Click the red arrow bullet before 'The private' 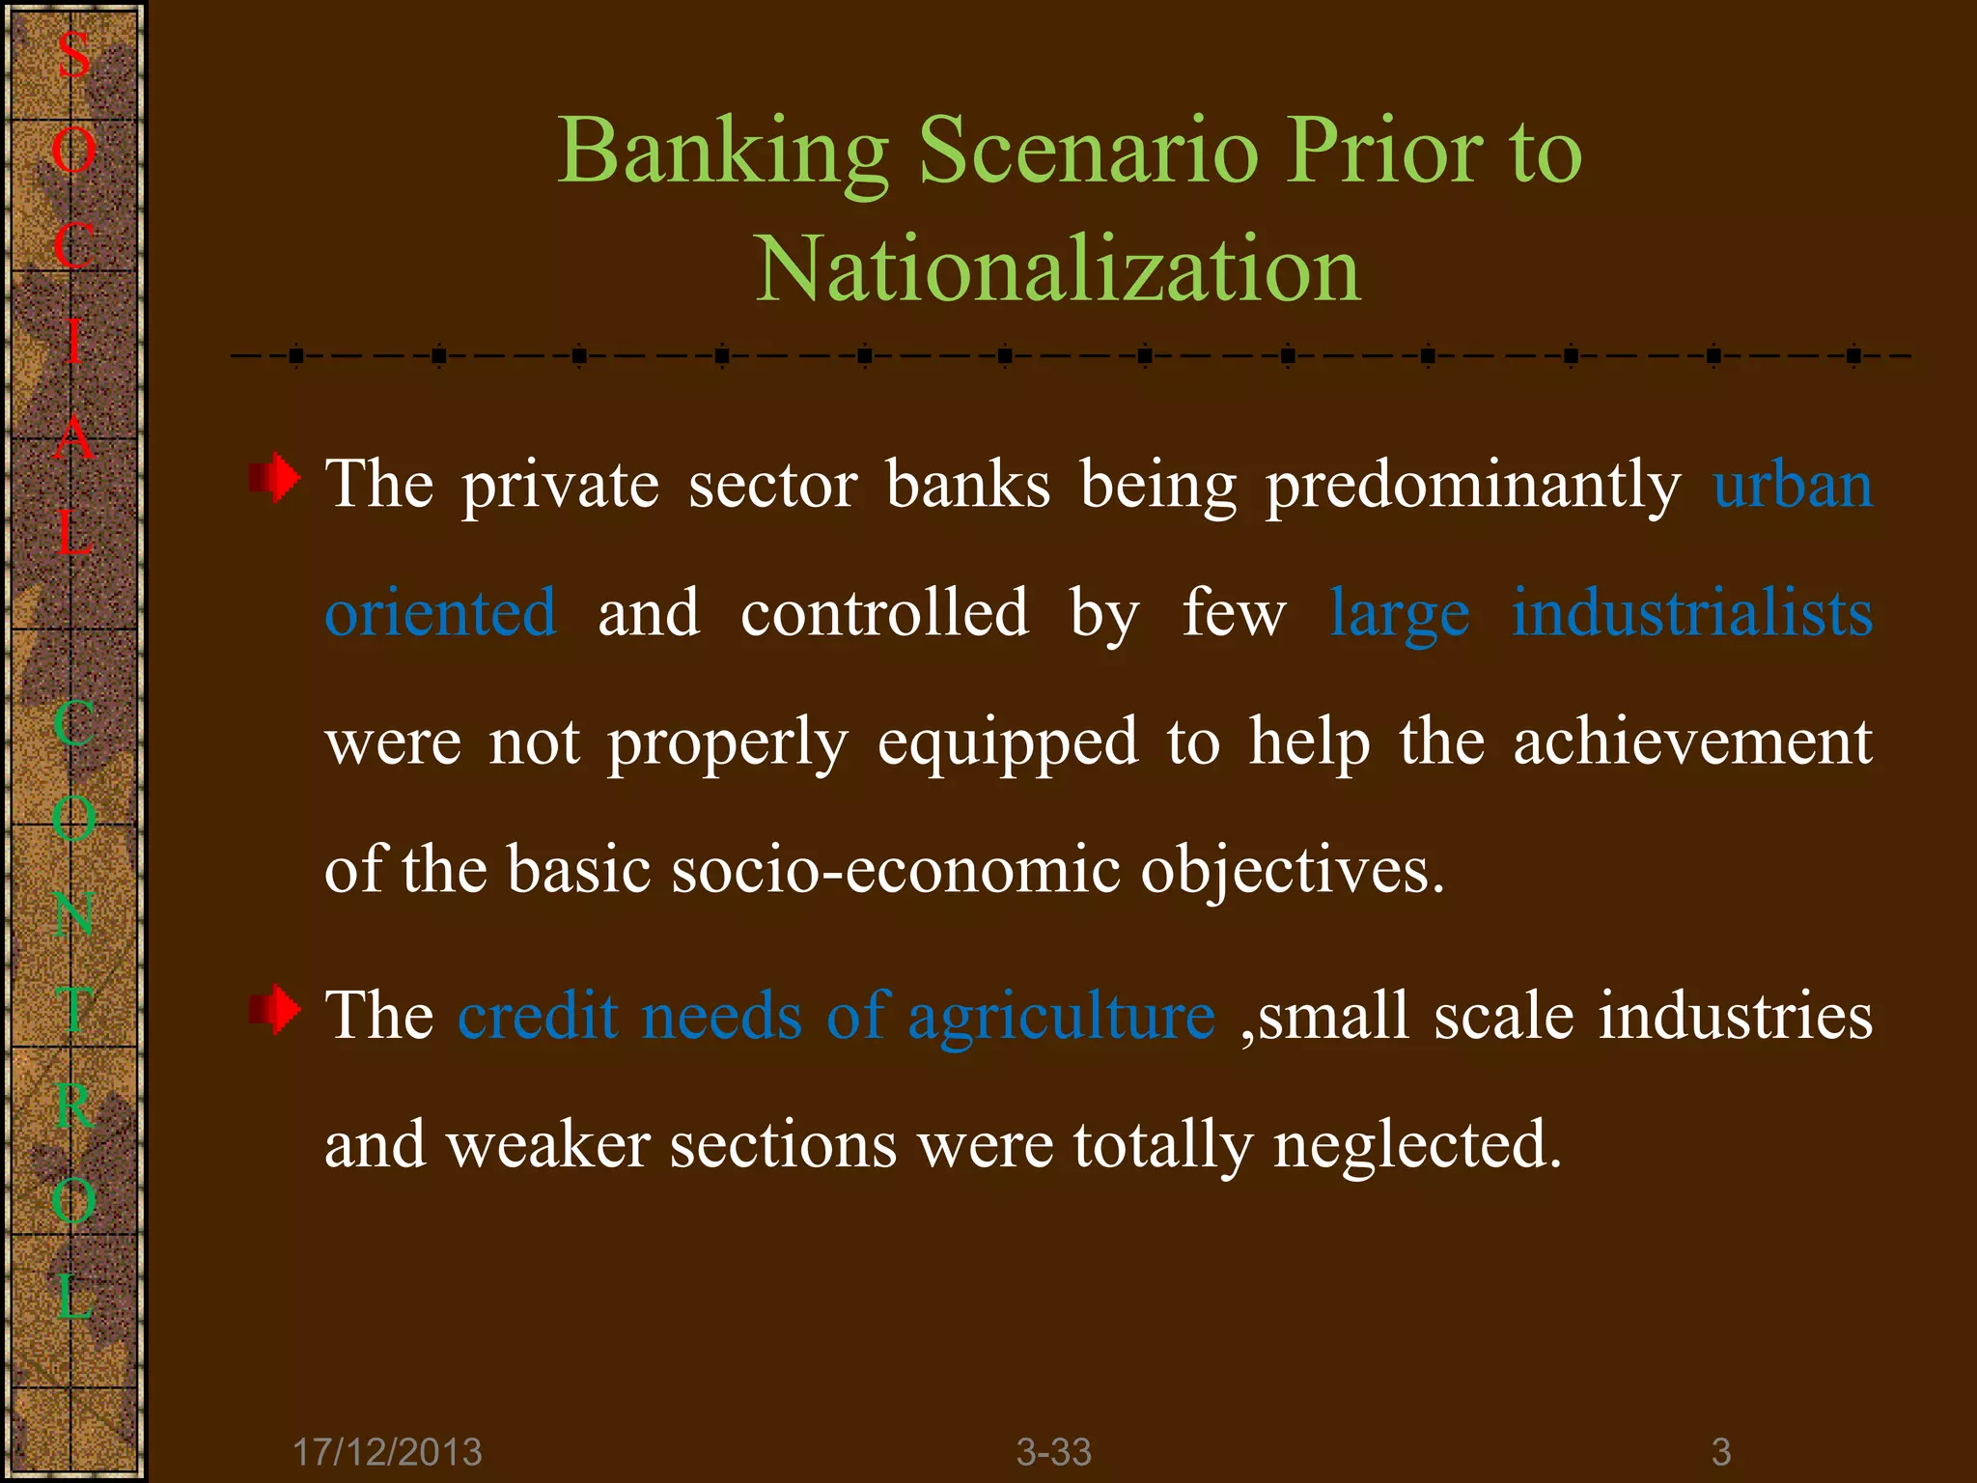click(x=275, y=478)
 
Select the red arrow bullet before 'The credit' click(x=275, y=1010)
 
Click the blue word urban click(x=1793, y=485)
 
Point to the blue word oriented click(x=440, y=613)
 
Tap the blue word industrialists click(x=1691, y=613)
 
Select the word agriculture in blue click(x=1061, y=1018)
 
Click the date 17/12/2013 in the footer click(x=387, y=1452)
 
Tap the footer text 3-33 click(x=1053, y=1452)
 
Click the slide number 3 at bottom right click(x=1721, y=1452)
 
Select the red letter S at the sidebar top click(x=73, y=55)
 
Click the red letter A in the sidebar click(x=73, y=439)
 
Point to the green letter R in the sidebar click(x=73, y=1106)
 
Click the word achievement click(x=1691, y=741)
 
